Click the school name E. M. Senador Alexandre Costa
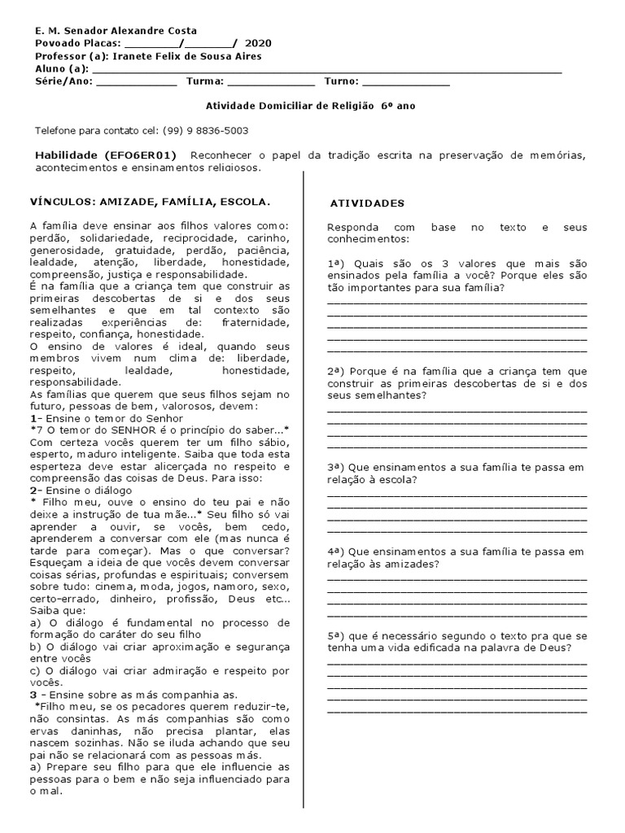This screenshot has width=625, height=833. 116,30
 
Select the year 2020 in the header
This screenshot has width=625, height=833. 260,43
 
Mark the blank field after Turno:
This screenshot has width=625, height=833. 405,82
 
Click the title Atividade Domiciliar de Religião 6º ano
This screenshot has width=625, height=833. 312,106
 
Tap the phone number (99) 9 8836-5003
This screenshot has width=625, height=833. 205,130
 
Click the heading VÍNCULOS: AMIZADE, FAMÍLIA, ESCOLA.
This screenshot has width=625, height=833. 150,201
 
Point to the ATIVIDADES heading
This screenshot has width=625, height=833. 366,203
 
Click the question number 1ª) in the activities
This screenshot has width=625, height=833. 337,264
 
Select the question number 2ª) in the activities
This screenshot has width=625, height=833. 337,370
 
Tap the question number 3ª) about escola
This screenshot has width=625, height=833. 337,468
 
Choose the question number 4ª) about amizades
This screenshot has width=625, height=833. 337,552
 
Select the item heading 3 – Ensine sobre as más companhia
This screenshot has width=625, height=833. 133,695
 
